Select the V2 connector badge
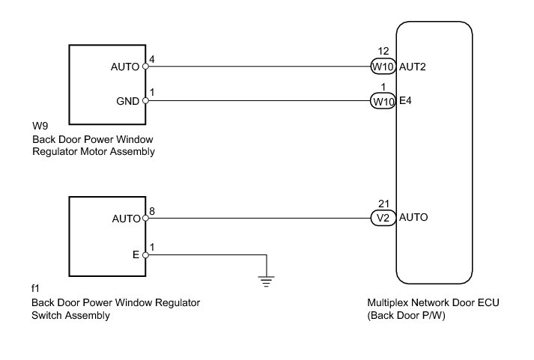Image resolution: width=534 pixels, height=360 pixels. coord(383,219)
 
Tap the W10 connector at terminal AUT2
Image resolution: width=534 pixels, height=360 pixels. coord(383,67)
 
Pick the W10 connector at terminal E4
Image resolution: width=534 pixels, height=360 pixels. coord(383,101)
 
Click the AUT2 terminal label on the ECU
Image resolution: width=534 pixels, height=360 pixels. coord(413,67)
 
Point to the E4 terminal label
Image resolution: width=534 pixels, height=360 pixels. coord(406,101)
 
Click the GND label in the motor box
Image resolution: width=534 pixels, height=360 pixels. coord(127,101)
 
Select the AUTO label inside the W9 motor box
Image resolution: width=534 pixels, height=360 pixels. coord(124,67)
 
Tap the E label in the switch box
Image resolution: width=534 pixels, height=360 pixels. coord(136,254)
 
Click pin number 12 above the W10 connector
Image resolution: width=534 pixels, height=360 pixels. coord(383,52)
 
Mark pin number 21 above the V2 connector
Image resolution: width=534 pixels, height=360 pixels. coord(383,204)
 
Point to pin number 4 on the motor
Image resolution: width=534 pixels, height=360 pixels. coord(152,58)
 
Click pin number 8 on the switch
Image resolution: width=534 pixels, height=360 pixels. coord(152,211)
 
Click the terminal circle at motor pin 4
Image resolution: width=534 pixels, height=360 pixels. coord(145,67)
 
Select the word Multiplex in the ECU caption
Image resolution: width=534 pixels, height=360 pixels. coord(388,303)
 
